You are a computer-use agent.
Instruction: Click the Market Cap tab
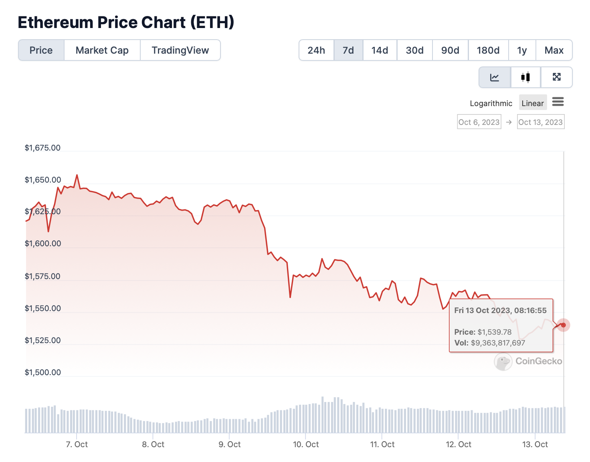click(x=102, y=50)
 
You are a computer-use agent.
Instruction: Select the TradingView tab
click(x=180, y=50)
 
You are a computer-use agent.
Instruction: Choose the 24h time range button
click(x=316, y=50)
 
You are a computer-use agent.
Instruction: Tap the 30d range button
click(x=414, y=50)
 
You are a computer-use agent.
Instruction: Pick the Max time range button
click(x=554, y=50)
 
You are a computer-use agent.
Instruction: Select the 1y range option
click(x=521, y=50)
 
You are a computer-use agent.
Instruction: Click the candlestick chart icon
click(x=525, y=77)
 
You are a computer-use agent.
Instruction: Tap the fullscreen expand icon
click(x=557, y=77)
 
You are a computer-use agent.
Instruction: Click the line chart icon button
click(x=495, y=77)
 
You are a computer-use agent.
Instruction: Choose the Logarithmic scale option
click(x=491, y=103)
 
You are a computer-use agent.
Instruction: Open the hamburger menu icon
click(x=558, y=102)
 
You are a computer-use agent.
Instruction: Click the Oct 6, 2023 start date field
click(x=479, y=122)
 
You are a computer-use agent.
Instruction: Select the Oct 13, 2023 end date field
click(x=541, y=122)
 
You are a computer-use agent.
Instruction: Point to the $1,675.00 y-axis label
click(x=42, y=148)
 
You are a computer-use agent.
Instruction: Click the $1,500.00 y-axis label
click(x=42, y=372)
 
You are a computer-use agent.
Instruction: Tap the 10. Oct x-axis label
click(x=306, y=444)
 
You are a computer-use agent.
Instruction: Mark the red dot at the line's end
click(x=563, y=325)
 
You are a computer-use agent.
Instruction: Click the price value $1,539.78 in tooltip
click(x=495, y=332)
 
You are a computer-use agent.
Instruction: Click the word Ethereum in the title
click(x=55, y=22)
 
